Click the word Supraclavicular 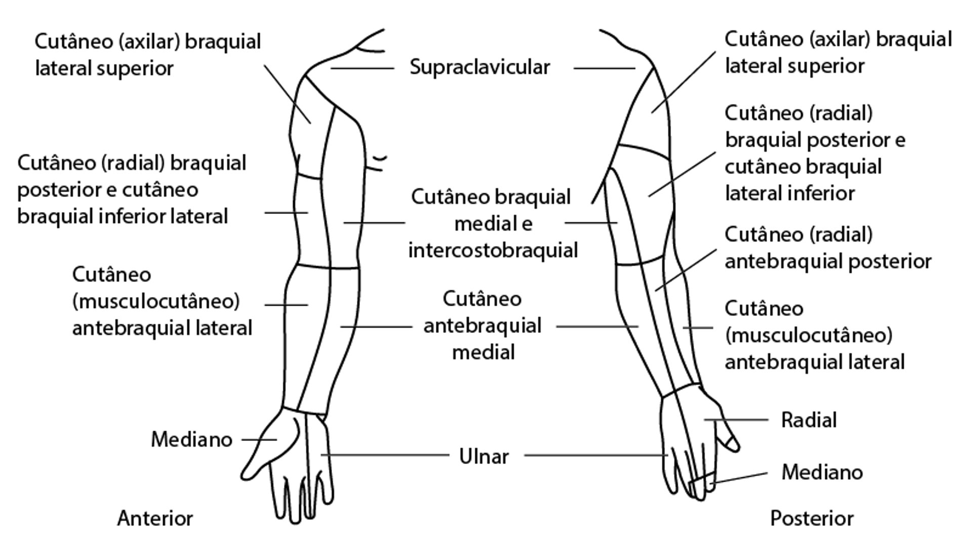coord(479,67)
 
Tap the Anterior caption coord(155,519)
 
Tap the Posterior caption coord(812,519)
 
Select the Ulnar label coord(483,456)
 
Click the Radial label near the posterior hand coord(808,420)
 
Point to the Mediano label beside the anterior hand coord(191,440)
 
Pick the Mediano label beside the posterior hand coord(822,472)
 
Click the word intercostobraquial coord(493,250)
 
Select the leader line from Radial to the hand coord(737,420)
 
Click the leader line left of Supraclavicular coord(362,68)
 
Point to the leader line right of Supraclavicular coord(604,68)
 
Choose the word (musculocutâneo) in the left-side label coord(156,302)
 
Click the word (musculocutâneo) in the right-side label coord(808,336)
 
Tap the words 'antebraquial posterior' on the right coord(828,262)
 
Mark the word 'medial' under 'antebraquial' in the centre coord(483,352)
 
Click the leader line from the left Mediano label coord(259,440)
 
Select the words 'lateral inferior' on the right coord(790,193)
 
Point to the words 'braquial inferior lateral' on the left coord(123,217)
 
